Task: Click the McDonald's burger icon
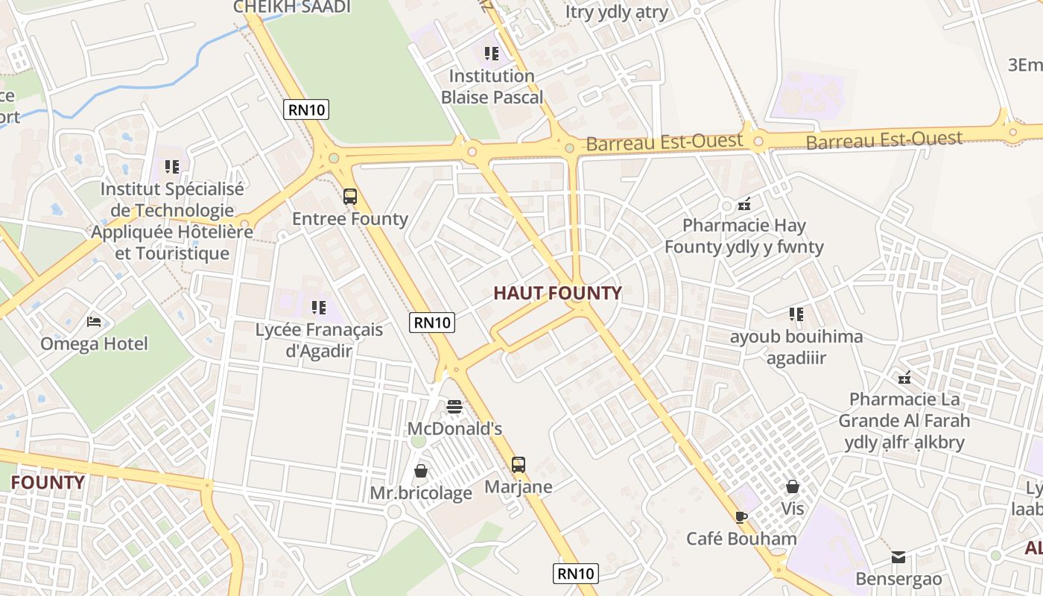454,407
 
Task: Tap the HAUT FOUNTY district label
557,293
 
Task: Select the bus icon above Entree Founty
349,197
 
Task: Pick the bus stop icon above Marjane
519,465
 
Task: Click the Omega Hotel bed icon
94,322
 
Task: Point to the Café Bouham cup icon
741,516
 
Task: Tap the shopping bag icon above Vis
793,486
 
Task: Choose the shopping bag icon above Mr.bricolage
421,471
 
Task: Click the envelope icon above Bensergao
898,557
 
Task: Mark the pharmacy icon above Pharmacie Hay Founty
744,203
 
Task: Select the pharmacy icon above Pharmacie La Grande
904,378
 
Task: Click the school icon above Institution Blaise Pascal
492,54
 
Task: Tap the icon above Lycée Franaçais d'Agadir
319,307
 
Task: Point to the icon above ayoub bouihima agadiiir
796,314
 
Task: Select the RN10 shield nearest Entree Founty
307,110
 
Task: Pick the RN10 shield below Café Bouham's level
576,573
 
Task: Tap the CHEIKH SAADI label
292,7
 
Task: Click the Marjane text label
519,487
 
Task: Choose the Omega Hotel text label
94,344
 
